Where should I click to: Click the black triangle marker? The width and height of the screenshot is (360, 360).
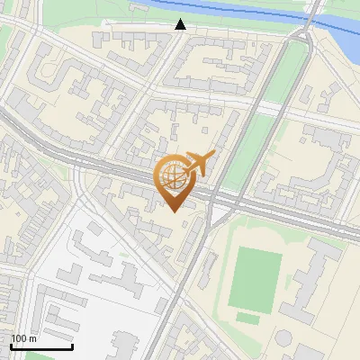(x=181, y=24)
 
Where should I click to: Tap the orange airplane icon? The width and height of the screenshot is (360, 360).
(x=197, y=164)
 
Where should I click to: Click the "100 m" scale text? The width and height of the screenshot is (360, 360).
(x=24, y=338)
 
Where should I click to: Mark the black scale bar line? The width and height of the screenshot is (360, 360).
(x=41, y=346)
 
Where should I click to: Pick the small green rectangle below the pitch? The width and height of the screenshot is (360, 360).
(x=248, y=318)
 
